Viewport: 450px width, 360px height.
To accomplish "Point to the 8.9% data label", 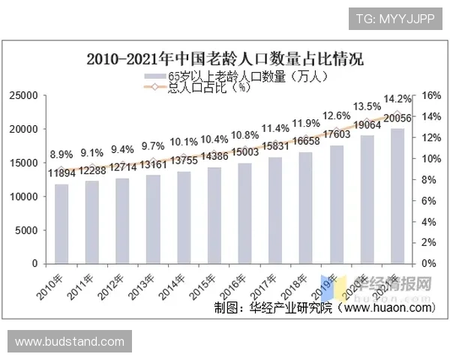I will coord(61,154).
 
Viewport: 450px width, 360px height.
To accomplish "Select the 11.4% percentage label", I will coord(275,128).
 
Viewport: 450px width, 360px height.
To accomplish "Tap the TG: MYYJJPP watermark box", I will coord(395,18).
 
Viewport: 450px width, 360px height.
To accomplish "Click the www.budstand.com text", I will coord(69,342).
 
